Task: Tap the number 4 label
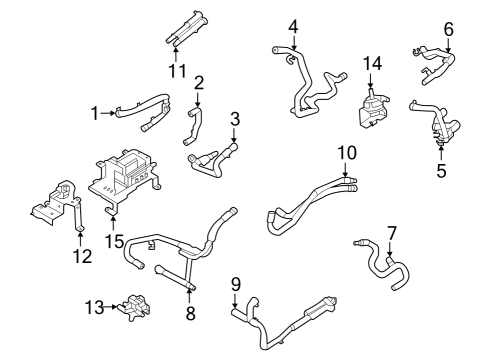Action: (x=293, y=26)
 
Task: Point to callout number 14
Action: (x=372, y=64)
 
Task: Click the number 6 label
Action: (x=448, y=30)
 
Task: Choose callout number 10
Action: (x=346, y=152)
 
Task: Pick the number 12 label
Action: (x=82, y=256)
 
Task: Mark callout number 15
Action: (x=115, y=240)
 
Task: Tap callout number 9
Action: (x=235, y=285)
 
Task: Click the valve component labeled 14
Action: (x=371, y=105)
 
